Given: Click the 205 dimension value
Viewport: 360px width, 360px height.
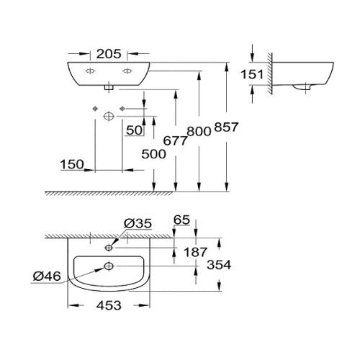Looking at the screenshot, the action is [x=109, y=54].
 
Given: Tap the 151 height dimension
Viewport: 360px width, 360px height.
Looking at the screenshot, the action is [x=252, y=74].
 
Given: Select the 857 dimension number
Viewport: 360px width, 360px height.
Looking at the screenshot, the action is [x=226, y=127].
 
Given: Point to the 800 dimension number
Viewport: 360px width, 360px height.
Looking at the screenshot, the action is [x=199, y=132].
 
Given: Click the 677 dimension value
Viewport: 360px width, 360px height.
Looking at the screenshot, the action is [x=175, y=140].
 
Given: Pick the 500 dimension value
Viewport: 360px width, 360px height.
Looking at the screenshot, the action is [x=153, y=154].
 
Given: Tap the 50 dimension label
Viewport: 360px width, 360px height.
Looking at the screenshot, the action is [x=134, y=130].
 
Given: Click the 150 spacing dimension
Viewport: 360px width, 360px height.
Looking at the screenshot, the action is [x=72, y=164].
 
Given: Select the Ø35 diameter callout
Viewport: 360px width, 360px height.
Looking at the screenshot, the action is [x=138, y=223].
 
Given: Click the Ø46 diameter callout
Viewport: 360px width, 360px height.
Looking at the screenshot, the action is [x=47, y=276].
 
